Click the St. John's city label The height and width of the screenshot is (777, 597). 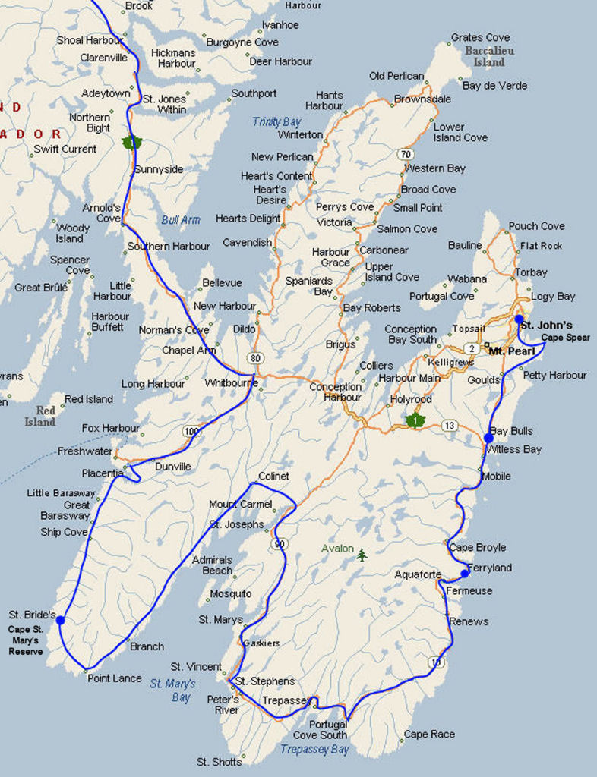pos(546,326)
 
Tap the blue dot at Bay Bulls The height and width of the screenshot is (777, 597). pos(488,438)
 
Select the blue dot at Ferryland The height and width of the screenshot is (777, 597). pos(465,574)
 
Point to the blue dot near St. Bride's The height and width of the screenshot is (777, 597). pos(60,620)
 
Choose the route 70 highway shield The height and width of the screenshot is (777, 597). pos(406,153)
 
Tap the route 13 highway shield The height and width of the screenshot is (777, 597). pos(450,426)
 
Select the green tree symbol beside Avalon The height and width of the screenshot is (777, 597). pos(362,555)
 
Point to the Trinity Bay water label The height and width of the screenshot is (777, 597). pos(276,121)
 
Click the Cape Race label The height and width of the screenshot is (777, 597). pos(429,734)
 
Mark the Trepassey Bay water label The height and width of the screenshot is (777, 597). pos(314,749)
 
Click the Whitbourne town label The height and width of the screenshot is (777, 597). pos(231,383)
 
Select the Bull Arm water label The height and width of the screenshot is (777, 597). pos(181,220)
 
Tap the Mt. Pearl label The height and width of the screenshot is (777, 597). pos(511,351)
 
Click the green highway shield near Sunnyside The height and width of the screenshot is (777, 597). pos(131,142)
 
